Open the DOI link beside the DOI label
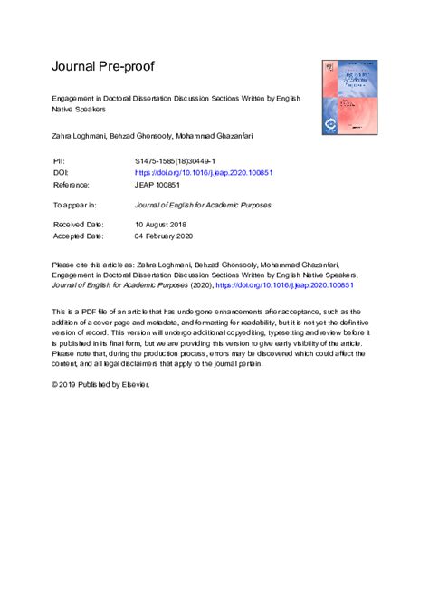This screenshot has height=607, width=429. click(x=204, y=172)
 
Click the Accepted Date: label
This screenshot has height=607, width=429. click(x=79, y=236)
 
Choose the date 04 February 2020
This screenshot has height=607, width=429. click(x=170, y=236)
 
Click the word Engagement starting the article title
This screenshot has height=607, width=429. click(x=79, y=97)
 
